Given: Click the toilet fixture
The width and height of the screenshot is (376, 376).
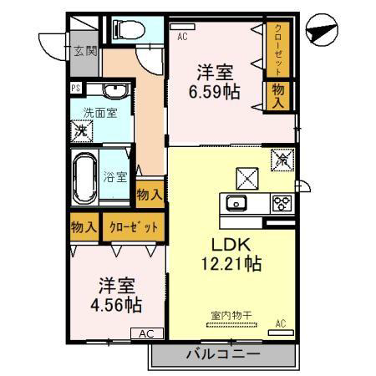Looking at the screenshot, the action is click(x=129, y=29).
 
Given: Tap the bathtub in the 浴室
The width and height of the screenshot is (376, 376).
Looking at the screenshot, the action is click(x=85, y=178).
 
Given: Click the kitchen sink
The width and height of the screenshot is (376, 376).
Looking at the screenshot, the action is click(x=236, y=202).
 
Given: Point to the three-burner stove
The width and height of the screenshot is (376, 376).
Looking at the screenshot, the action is click(x=282, y=203).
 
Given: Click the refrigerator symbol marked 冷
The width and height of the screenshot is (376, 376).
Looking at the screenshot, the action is click(x=282, y=160).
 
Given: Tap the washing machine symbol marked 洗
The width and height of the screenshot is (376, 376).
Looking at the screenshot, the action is click(x=82, y=131).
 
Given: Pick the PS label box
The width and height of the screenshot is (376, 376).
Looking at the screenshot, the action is click(x=76, y=89).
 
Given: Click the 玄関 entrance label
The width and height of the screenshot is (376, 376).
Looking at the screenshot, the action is click(x=85, y=51).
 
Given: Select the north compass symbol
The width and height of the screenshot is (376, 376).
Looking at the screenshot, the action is click(x=322, y=30).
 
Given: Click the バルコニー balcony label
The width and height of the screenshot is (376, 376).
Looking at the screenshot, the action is click(x=223, y=354).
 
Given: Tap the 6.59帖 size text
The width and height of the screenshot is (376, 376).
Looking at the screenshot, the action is click(x=215, y=92).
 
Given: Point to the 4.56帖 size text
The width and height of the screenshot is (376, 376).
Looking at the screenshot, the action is click(x=116, y=305).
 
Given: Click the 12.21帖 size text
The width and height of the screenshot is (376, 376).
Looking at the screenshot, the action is click(x=231, y=264).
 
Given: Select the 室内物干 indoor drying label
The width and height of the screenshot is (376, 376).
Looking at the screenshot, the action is click(x=231, y=316).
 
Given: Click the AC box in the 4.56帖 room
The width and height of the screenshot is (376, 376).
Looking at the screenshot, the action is click(x=147, y=333).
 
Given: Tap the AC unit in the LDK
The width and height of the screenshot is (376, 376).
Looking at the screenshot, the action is click(x=281, y=333).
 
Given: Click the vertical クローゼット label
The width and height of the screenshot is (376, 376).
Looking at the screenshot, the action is click(x=278, y=50).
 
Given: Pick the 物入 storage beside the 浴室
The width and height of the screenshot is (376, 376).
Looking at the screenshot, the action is click(x=150, y=195).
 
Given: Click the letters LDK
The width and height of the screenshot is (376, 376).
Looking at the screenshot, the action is click(x=231, y=245).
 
